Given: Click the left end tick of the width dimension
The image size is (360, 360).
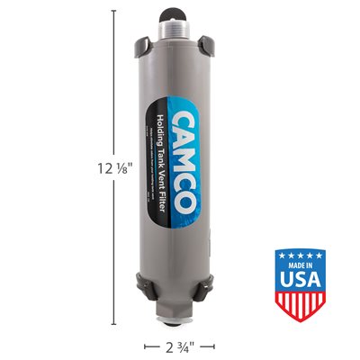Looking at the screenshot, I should point(146,346).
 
